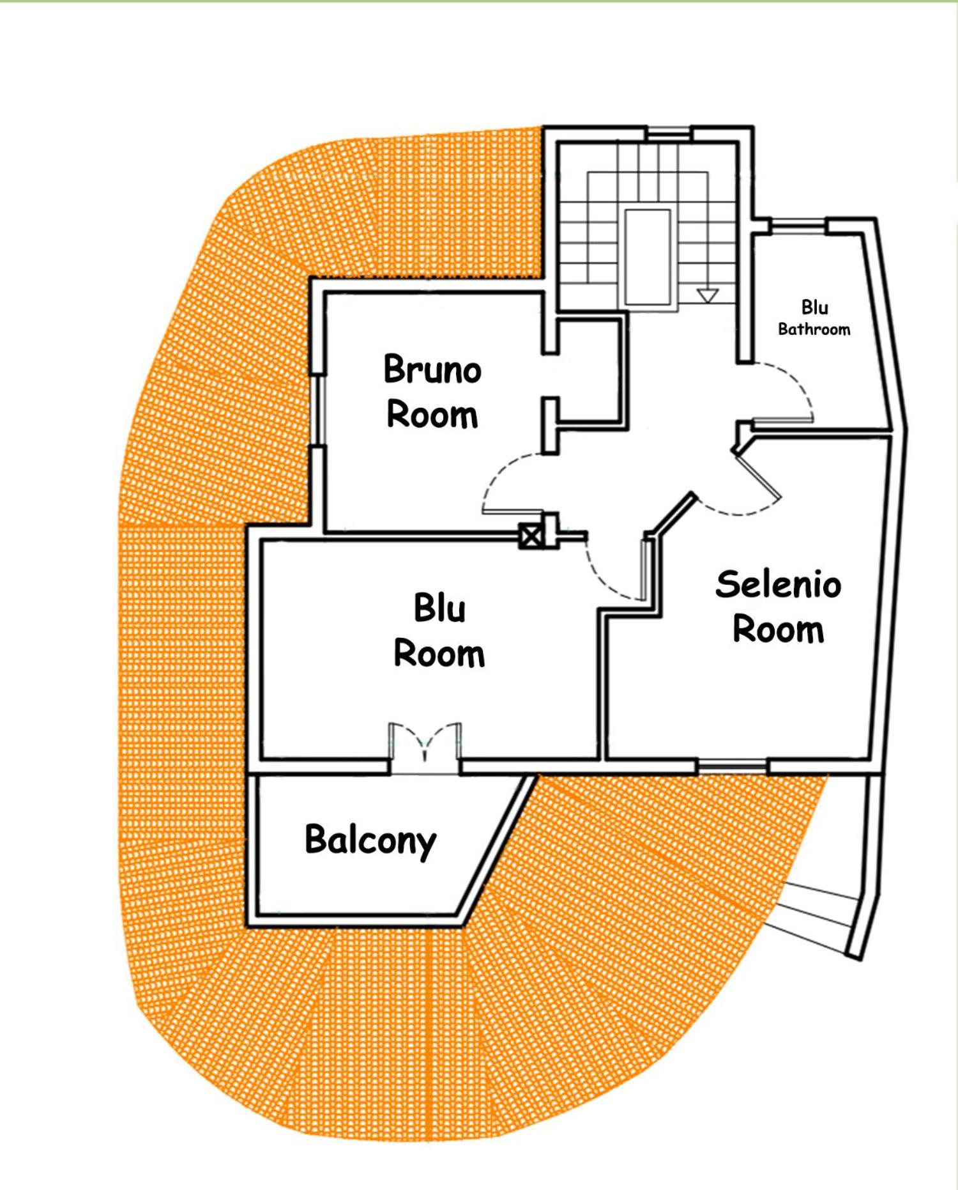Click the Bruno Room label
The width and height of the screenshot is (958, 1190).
pyautogui.click(x=432, y=391)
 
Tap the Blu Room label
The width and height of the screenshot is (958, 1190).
pyautogui.click(x=439, y=630)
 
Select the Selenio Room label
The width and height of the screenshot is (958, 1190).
pyautogui.click(x=779, y=606)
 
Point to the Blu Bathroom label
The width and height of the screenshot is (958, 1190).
pyautogui.click(x=814, y=318)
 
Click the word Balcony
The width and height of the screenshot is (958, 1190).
pyautogui.click(x=370, y=840)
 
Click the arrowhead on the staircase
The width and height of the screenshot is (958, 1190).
pyautogui.click(x=708, y=295)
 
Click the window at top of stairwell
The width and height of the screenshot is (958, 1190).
pyautogui.click(x=668, y=133)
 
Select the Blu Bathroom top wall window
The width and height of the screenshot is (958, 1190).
pyautogui.click(x=798, y=224)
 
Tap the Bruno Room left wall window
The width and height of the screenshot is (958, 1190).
pyautogui.click(x=317, y=410)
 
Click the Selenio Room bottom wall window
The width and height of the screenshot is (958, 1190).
pyautogui.click(x=732, y=765)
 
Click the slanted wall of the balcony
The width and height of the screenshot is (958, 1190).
pyautogui.click(x=497, y=850)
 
